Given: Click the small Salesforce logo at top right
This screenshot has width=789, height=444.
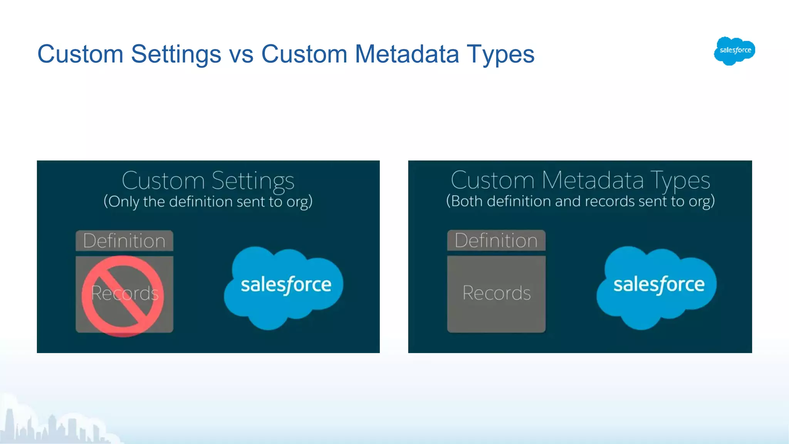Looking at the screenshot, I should (x=734, y=50).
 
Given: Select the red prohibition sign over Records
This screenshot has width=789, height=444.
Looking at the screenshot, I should (x=123, y=296).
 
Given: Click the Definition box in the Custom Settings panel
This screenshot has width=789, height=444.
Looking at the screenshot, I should (x=124, y=241).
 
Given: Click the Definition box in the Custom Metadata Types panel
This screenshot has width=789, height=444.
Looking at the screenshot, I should (x=496, y=240).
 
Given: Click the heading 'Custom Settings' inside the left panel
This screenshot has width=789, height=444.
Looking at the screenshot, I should (x=208, y=180).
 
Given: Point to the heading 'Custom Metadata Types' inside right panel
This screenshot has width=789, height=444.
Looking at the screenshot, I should (x=580, y=180).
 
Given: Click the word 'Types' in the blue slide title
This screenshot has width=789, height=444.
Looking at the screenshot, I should (x=500, y=54).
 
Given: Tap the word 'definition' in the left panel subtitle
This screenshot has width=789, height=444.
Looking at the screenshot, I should (x=200, y=202).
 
